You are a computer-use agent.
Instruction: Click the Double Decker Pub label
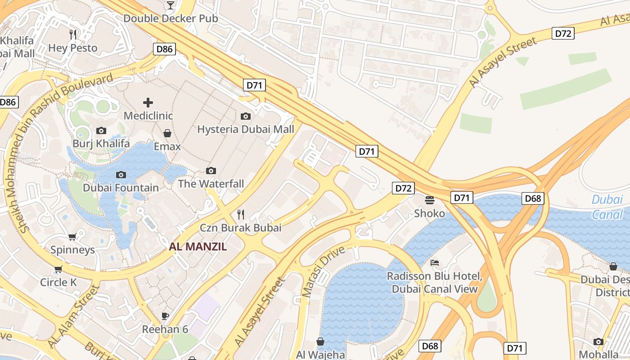click(x=171, y=18)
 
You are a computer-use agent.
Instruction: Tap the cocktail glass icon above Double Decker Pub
click(x=170, y=5)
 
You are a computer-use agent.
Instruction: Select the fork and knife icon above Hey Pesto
click(x=73, y=34)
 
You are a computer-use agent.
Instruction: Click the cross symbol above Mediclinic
click(x=148, y=103)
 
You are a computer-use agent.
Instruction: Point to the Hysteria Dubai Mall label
click(x=246, y=130)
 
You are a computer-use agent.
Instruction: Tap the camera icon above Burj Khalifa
click(x=101, y=130)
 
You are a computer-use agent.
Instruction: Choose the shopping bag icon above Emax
click(x=167, y=133)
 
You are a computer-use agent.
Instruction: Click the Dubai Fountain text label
click(x=121, y=188)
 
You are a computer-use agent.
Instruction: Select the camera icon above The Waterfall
click(x=211, y=171)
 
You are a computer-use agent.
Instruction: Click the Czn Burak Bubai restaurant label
click(x=241, y=228)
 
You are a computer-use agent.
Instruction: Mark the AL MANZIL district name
click(x=198, y=247)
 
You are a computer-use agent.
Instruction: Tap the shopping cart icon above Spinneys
click(x=72, y=237)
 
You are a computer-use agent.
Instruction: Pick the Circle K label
click(x=58, y=283)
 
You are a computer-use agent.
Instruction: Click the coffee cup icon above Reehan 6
click(x=165, y=316)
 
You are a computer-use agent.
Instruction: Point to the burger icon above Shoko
click(x=430, y=200)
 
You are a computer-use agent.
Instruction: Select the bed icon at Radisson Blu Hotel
click(x=434, y=263)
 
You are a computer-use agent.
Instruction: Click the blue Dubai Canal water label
click(x=607, y=207)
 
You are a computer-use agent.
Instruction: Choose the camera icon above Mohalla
click(x=598, y=342)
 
